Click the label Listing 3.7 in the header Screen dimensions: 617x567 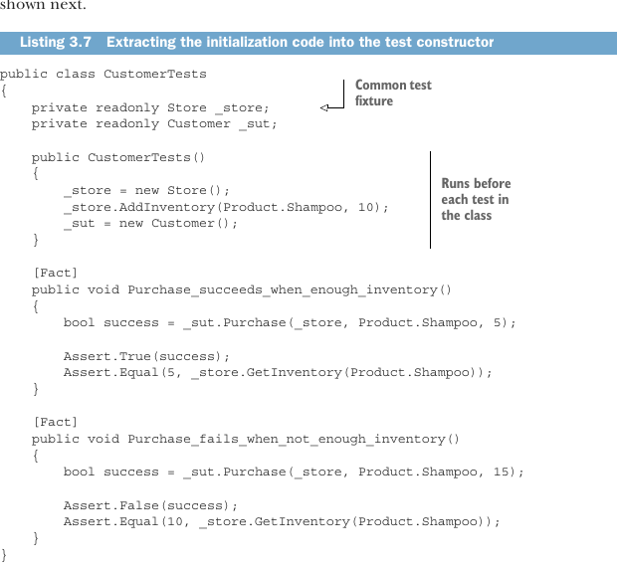tap(56, 42)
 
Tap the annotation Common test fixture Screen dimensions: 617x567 tap(393, 93)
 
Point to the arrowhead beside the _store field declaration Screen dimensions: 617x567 tap(324, 107)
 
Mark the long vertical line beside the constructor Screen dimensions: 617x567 tap(430, 200)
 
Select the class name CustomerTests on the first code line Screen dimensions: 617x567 tap(155, 74)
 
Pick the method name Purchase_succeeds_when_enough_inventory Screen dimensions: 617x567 tap(283, 289)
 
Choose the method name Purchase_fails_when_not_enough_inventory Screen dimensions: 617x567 tap(286, 439)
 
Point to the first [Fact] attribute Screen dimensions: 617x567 tap(56, 273)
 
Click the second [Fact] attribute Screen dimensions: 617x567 tap(56, 422)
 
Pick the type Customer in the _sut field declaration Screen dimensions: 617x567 tap(199, 123)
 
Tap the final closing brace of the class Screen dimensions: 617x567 tap(4, 555)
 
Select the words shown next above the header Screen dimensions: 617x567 tap(43, 5)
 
